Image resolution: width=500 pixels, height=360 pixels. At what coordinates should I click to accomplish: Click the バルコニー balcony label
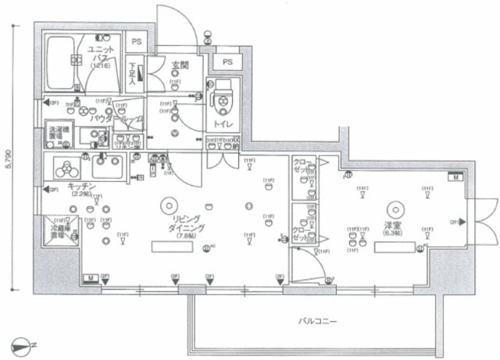316,320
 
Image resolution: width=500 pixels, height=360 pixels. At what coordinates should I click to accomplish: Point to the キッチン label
81,186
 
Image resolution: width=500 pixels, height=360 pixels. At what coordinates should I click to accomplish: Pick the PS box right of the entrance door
227,62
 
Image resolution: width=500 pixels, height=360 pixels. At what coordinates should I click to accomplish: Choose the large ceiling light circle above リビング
167,205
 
